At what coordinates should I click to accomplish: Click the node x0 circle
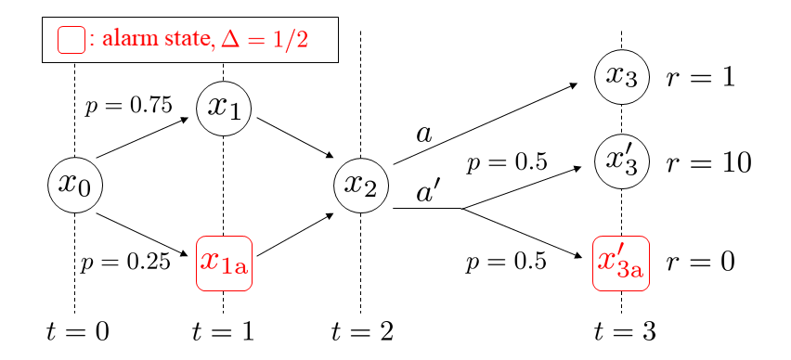pyautogui.click(x=74, y=184)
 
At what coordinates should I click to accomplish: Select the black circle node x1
pyautogui.click(x=224, y=108)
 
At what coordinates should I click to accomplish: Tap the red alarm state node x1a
pyautogui.click(x=224, y=264)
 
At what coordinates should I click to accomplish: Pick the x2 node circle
pyautogui.click(x=360, y=184)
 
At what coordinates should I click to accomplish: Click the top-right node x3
pyautogui.click(x=621, y=77)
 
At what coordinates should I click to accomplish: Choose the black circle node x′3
pyautogui.click(x=621, y=161)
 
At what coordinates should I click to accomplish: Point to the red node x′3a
pyautogui.click(x=621, y=263)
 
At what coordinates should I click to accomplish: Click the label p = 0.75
pyautogui.click(x=128, y=106)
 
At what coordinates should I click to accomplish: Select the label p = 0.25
pyautogui.click(x=125, y=263)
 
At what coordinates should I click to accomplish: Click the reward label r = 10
pyautogui.click(x=708, y=162)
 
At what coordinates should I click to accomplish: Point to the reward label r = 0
pyautogui.click(x=701, y=263)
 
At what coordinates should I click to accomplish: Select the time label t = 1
pyautogui.click(x=223, y=331)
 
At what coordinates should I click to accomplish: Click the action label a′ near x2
pyautogui.click(x=428, y=193)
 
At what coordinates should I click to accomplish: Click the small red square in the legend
pyautogui.click(x=71, y=40)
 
